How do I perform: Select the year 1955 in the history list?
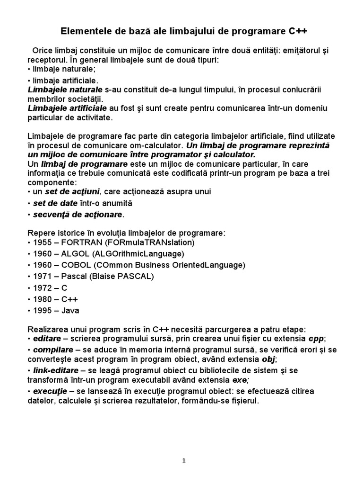[x=43, y=242]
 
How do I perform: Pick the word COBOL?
[x=77, y=265]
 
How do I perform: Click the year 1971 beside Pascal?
[x=43, y=276]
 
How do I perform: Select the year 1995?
[x=43, y=311]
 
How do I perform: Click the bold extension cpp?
[x=316, y=339]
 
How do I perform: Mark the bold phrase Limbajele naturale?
[x=65, y=89]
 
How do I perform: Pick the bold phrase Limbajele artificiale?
[x=67, y=108]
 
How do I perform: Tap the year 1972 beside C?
[x=43, y=288]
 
